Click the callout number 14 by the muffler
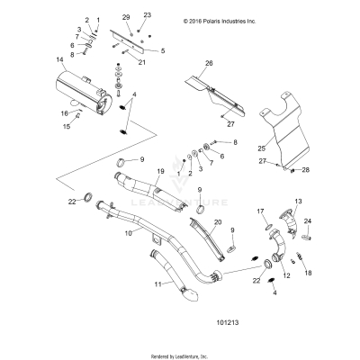(x=35, y=60)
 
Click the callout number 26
(x=209, y=63)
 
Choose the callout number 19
(x=159, y=170)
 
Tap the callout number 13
(x=299, y=201)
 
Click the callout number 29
(x=126, y=17)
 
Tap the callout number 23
(x=148, y=16)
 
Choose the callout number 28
(x=305, y=169)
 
